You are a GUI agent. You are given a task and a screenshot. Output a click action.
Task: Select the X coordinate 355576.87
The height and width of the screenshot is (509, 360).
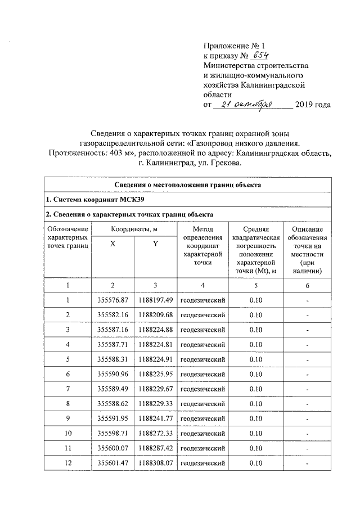113,300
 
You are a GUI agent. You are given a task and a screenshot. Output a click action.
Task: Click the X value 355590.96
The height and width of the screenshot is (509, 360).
113,373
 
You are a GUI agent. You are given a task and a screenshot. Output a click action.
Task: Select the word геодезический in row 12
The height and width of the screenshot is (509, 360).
202,462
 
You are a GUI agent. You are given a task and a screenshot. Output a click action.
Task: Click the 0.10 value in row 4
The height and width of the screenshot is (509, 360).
255,344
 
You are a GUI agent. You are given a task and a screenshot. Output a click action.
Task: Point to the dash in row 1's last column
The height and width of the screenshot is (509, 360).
307,300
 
